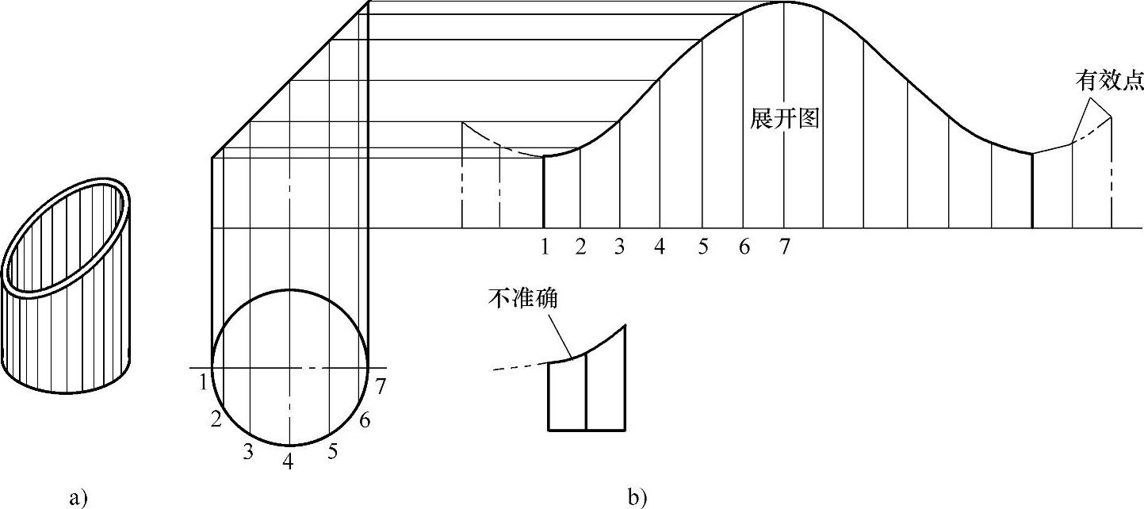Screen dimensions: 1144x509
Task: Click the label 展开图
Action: (783, 120)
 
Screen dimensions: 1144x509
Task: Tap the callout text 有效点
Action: (1108, 80)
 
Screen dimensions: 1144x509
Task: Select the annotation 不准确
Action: (524, 299)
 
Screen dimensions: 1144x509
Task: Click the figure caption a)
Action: (78, 498)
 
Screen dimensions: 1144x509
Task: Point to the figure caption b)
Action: (637, 498)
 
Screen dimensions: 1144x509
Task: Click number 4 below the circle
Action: (289, 461)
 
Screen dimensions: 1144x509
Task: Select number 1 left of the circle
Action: (204, 382)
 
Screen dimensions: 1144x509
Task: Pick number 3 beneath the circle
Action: (248, 452)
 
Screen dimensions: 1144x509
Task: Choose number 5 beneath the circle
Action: (332, 452)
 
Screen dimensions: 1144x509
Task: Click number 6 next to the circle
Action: (365, 421)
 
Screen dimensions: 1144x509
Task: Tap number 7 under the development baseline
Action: (783, 247)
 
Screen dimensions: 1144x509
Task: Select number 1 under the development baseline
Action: (545, 247)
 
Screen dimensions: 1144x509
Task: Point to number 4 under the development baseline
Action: (660, 247)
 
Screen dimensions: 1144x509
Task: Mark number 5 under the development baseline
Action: (702, 247)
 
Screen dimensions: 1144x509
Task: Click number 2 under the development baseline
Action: (581, 247)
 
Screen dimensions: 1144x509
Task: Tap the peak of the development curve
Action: (783, 3)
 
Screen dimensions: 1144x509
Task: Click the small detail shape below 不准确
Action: (587, 388)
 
